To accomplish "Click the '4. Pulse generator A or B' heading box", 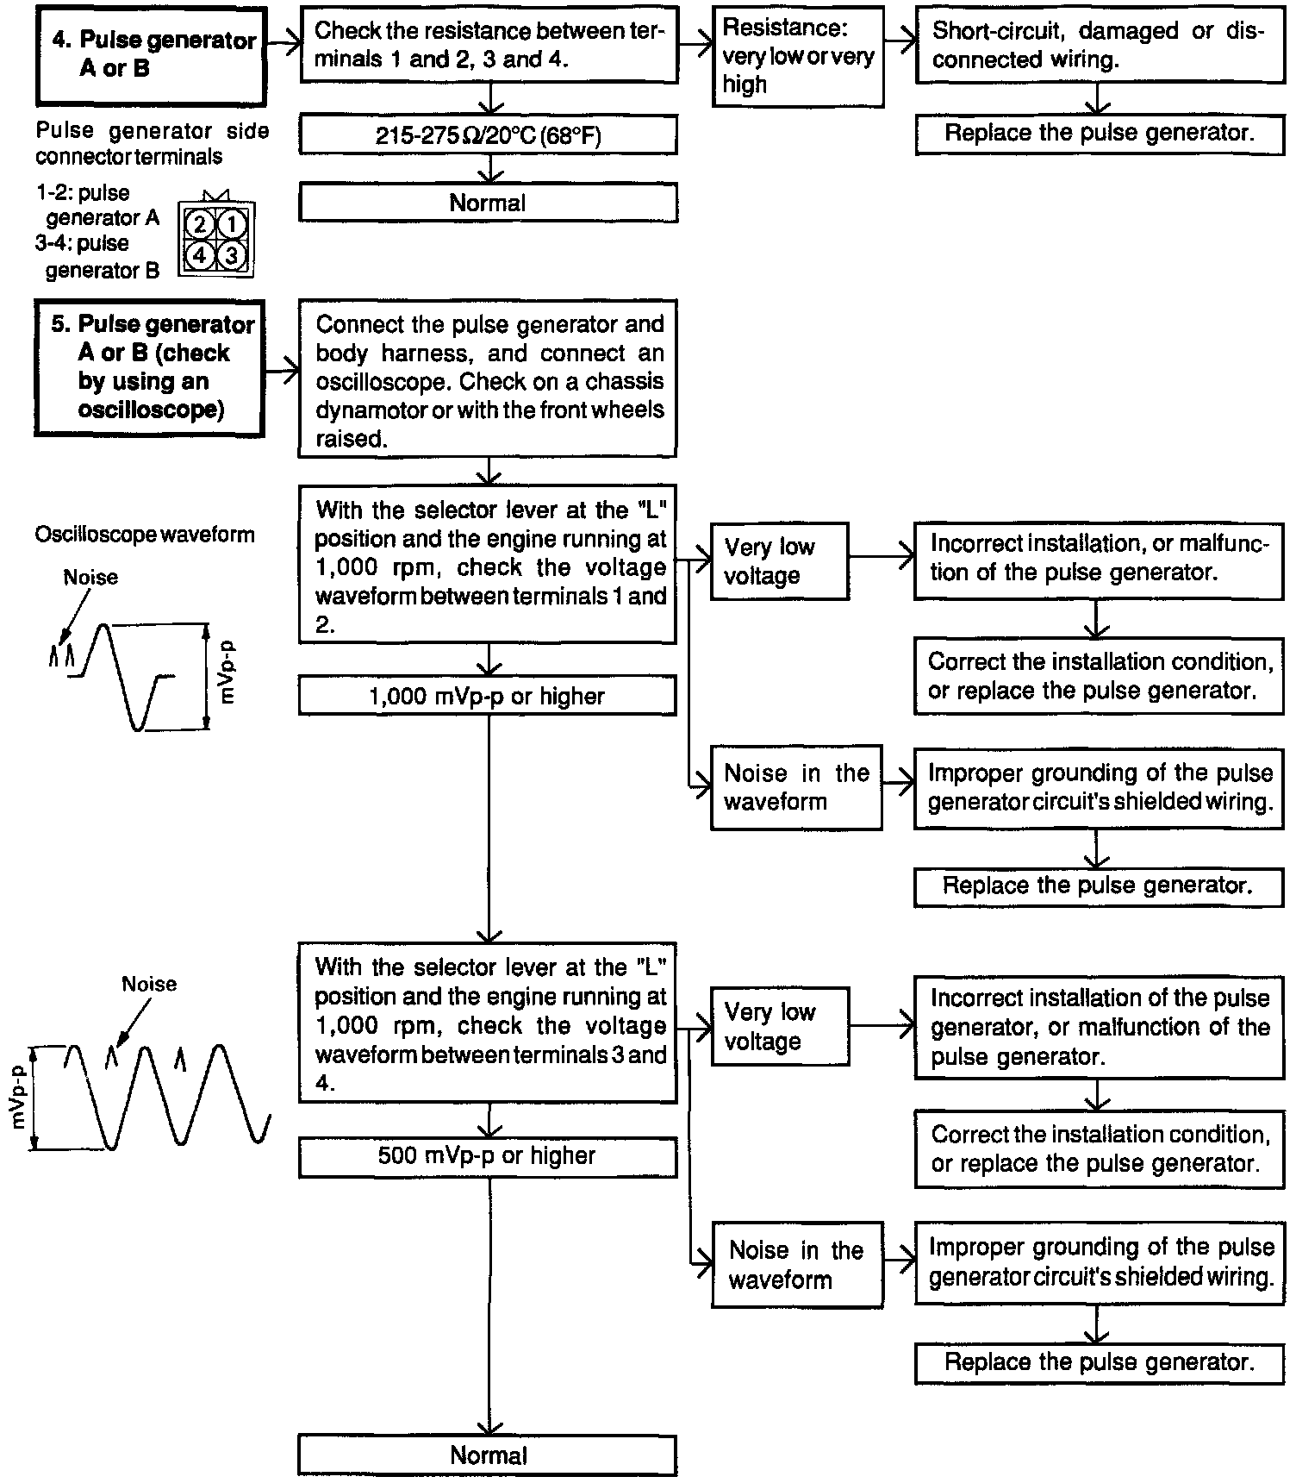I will point(151,55).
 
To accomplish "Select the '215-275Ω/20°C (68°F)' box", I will point(488,135).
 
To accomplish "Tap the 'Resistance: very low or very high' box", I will point(797,57).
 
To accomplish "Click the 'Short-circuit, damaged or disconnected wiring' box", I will point(1099,46).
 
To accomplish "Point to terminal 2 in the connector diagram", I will point(200,225).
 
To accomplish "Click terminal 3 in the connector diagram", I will point(231,255).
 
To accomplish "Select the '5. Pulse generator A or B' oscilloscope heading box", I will point(151,367).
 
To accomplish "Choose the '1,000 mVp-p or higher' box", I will point(487,696).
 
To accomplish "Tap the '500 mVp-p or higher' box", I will point(487,1155).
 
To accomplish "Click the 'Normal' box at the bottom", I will point(487,1455).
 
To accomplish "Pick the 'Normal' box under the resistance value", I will point(488,203).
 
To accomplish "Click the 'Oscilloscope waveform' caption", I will point(145,535).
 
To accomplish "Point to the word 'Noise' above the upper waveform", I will point(90,577).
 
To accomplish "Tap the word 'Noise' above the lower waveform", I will point(149,984).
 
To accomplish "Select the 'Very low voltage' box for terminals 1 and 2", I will point(779,561).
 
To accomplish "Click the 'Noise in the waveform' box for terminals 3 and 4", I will point(796,1264).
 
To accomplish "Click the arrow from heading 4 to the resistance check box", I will point(283,41).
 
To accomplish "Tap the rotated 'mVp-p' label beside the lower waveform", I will point(16,1098).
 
